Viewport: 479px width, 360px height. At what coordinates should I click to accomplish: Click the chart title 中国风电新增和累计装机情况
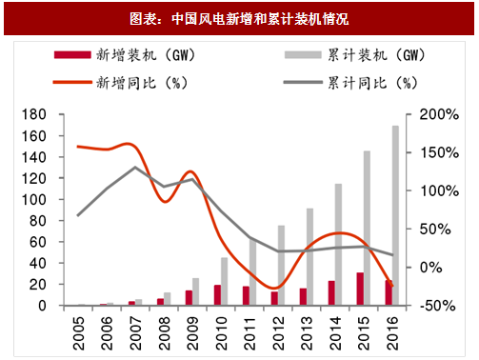pyautogui.click(x=238, y=18)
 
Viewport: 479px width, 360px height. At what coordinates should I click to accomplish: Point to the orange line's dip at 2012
pyautogui.click(x=274, y=288)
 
